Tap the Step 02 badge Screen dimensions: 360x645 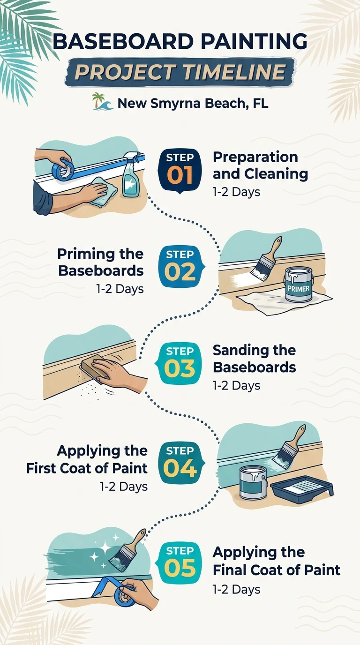pyautogui.click(x=181, y=267)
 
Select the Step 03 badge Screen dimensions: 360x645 pyautogui.click(x=179, y=363)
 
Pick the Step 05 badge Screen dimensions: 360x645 pyautogui.click(x=179, y=563)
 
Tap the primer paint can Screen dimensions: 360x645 pyautogui.click(x=299, y=284)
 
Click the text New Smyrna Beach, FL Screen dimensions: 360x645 pyautogui.click(x=193, y=103)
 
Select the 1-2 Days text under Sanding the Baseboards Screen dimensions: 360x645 pyautogui.click(x=236, y=386)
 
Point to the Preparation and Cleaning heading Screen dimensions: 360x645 pyautogui.click(x=260, y=165)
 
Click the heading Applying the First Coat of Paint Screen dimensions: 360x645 pyautogui.click(x=87, y=459)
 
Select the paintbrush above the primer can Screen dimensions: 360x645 pyautogui.click(x=266, y=259)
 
